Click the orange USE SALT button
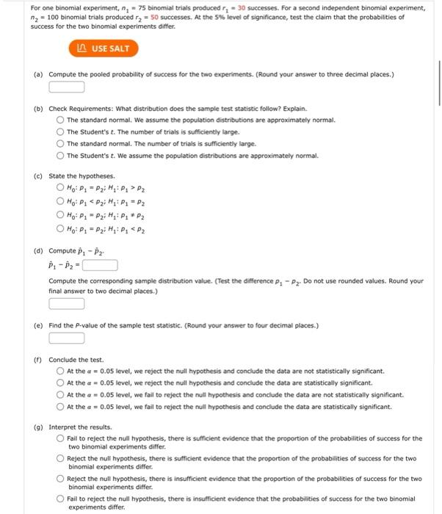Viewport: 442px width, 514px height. (x=103, y=48)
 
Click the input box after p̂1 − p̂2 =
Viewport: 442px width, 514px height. (x=101, y=266)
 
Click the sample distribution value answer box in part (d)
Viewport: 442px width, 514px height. (x=67, y=304)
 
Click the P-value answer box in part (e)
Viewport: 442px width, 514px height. (x=67, y=339)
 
